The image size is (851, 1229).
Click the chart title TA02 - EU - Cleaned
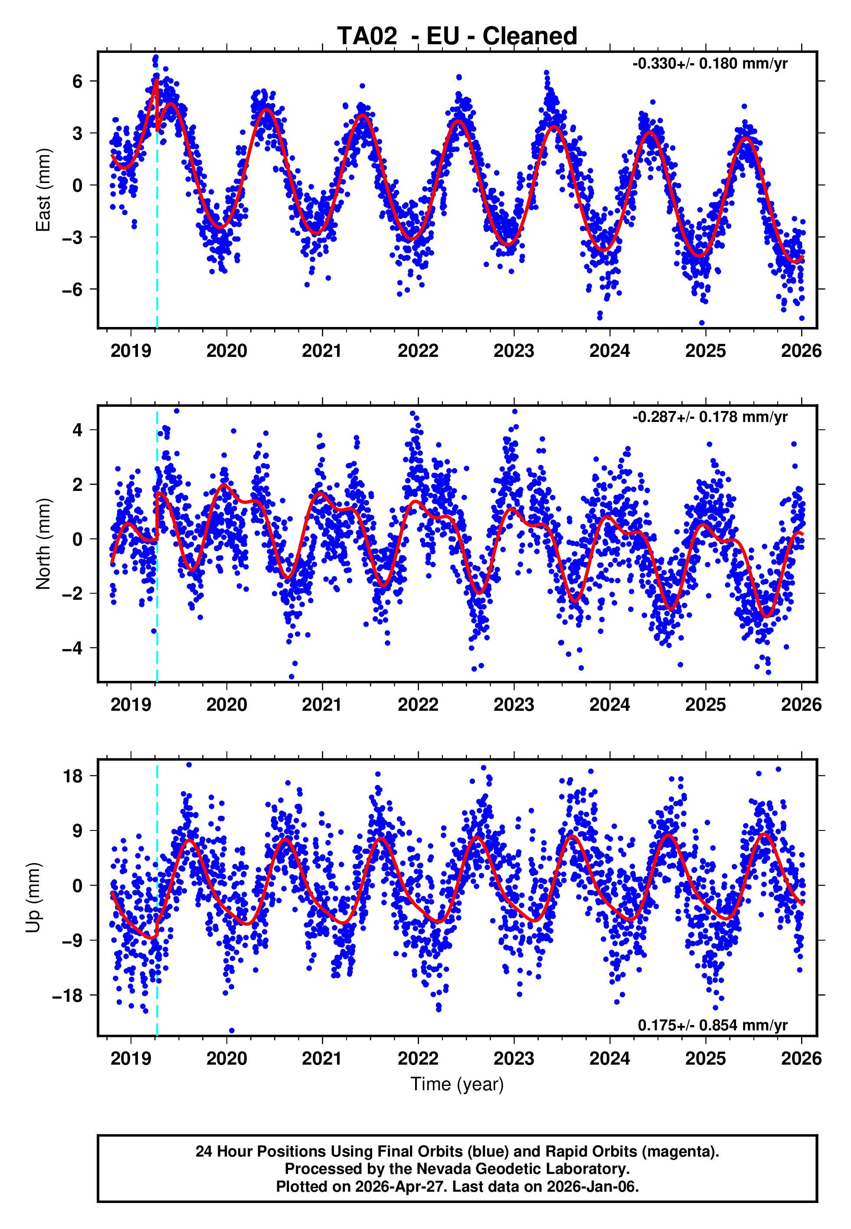tap(457, 36)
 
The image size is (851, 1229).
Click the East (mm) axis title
tap(43, 190)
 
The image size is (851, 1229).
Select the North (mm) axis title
tap(43, 544)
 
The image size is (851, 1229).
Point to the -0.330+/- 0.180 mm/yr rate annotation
tap(710, 64)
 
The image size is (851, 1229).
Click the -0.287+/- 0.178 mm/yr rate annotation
tap(710, 417)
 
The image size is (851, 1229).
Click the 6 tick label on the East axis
tap(78, 82)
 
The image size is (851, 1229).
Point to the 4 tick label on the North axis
tap(78, 430)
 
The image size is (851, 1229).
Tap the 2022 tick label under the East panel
tap(418, 351)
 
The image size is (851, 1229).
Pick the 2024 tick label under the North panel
tap(609, 705)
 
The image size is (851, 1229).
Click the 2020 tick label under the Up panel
tap(226, 1058)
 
